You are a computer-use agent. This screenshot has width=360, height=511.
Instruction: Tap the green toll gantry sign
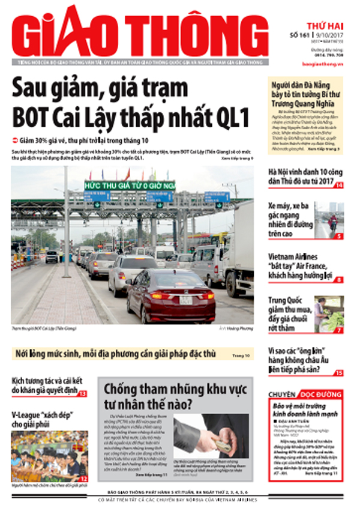(x=129, y=186)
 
